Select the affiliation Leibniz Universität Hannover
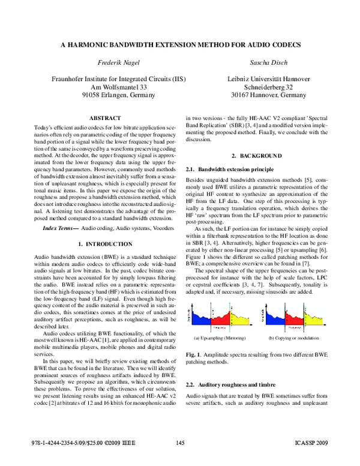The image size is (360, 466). point(268,79)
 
